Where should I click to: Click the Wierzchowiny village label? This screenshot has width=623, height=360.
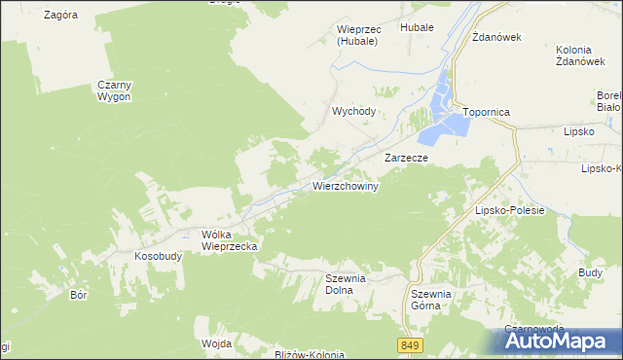(346, 185)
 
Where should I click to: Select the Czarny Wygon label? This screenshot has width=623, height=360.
(114, 90)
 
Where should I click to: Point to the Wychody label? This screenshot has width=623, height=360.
(353, 111)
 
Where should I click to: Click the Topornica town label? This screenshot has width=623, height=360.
(487, 112)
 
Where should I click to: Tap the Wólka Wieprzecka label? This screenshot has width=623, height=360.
(229, 240)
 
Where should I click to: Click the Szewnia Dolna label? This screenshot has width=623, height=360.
(345, 284)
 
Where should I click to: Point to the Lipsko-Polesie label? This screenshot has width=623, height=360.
(508, 209)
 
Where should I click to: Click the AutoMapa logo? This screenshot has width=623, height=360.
(557, 341)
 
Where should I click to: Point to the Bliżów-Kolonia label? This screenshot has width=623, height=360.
(310, 355)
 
